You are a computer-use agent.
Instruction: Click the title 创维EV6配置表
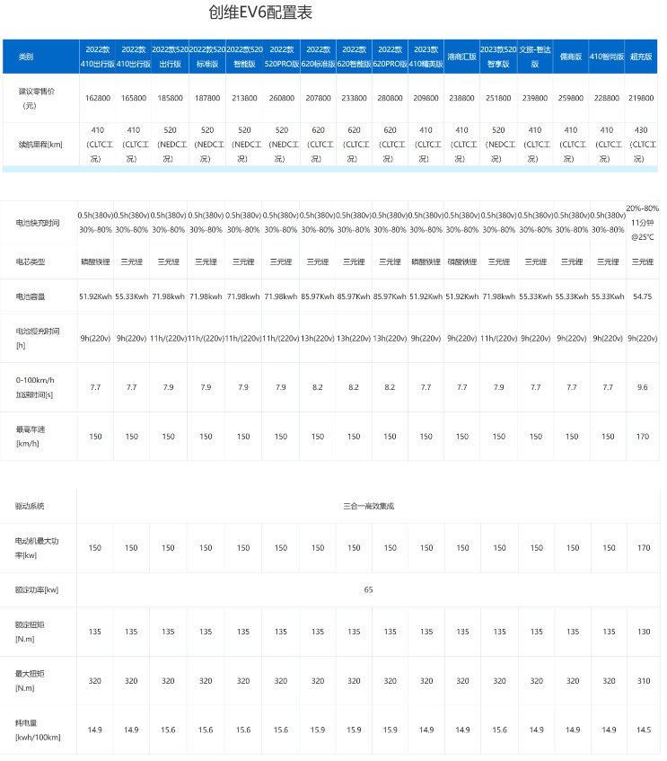point(260,13)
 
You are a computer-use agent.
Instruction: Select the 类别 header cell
point(26,57)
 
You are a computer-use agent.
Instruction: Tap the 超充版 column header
point(641,57)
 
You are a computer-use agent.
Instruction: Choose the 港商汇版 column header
point(461,57)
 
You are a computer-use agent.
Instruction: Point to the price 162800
point(95,97)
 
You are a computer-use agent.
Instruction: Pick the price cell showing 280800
point(390,97)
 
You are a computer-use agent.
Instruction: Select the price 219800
point(641,97)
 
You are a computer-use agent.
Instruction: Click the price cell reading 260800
point(281,97)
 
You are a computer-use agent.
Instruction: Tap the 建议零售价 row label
point(36,97)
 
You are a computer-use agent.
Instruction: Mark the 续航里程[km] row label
point(39,144)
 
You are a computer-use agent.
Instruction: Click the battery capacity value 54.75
point(641,296)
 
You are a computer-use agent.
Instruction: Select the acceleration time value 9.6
point(641,386)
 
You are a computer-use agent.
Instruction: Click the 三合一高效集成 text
point(368,506)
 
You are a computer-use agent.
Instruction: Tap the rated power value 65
point(368,589)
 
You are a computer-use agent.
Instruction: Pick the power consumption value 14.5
point(641,730)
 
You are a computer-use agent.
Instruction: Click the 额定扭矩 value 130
point(641,632)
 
